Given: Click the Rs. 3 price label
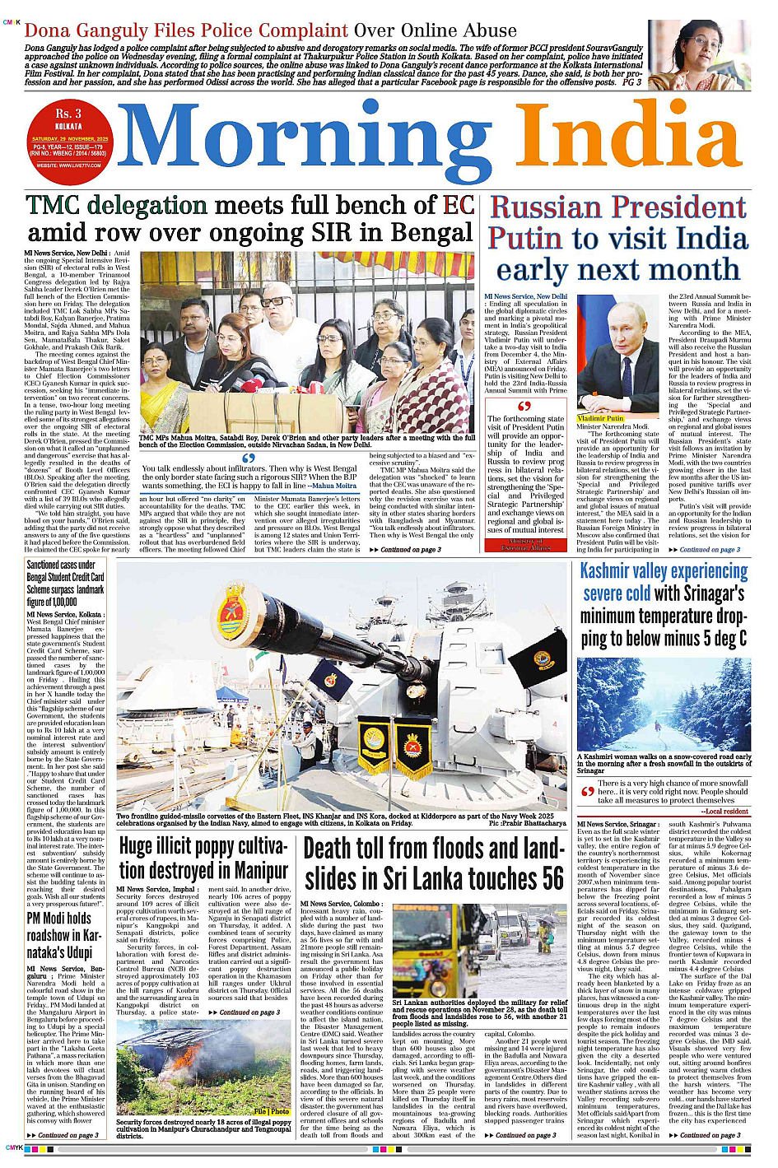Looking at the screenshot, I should (68, 114).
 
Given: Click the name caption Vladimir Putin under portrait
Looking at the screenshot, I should (601, 419).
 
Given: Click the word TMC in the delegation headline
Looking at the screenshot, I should (57, 206).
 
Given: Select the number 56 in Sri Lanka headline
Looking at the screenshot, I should (552, 878).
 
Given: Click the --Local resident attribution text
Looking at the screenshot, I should (724, 812).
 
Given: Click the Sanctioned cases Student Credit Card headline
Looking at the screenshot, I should (65, 584).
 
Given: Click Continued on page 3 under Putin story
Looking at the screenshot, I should (710, 549).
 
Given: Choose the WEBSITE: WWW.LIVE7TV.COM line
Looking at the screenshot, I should (68, 165).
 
